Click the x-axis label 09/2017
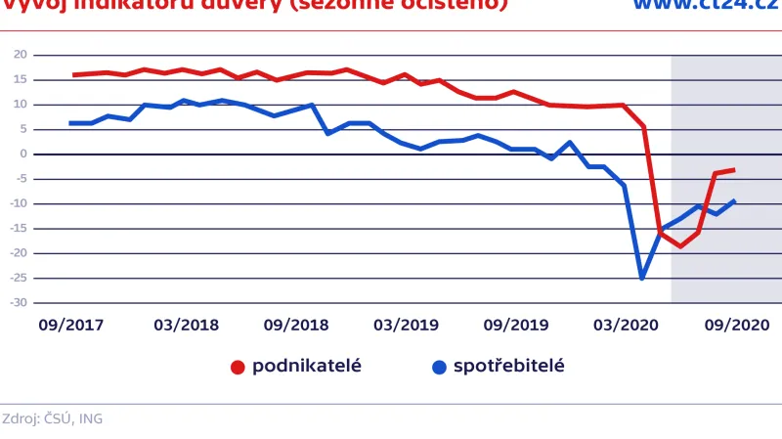[x=70, y=324]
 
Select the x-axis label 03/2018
[x=186, y=324]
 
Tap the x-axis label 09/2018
[x=295, y=324]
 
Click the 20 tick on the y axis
[x=20, y=55]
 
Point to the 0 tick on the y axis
[x=22, y=154]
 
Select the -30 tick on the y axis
[x=18, y=303]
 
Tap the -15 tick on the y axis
[x=18, y=229]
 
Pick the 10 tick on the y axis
[x=20, y=105]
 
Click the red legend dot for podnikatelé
[x=238, y=368]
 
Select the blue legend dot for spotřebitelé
[x=439, y=368]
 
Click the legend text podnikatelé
[x=307, y=367]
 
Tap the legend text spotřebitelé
[x=509, y=367]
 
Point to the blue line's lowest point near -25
[x=642, y=279]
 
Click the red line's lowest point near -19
[x=680, y=246]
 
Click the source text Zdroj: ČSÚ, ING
[x=52, y=418]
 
